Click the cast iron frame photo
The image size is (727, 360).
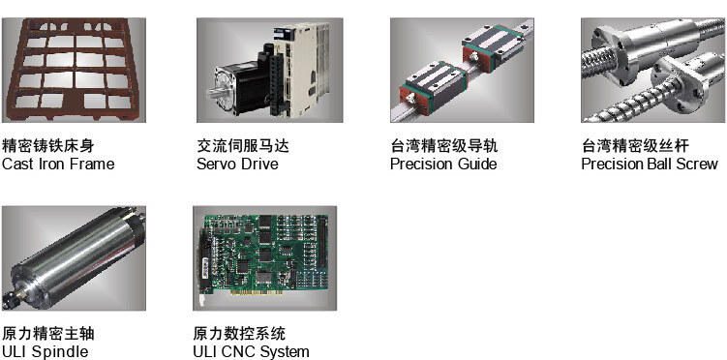tap(74, 70)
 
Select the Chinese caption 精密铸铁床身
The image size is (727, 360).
tap(48, 146)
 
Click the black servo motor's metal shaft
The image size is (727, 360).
tap(215, 92)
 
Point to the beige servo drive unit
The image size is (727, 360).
tap(301, 69)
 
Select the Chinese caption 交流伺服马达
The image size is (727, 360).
tap(243, 146)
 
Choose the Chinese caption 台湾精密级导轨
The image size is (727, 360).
tap(443, 146)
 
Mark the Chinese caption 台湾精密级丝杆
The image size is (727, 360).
tap(635, 146)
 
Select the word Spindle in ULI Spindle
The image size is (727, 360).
tap(59, 351)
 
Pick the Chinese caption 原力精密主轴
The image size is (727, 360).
tap(48, 334)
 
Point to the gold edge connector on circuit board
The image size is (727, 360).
tap(260, 293)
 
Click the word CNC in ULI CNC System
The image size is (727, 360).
tap(236, 351)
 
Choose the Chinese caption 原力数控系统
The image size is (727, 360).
tap(239, 334)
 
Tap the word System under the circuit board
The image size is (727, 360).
tap(284, 351)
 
